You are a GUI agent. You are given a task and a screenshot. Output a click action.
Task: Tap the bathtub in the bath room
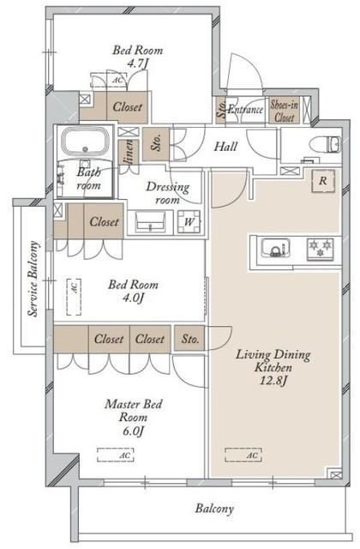click(85, 142)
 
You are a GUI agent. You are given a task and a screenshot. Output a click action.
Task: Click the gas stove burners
click(320, 249)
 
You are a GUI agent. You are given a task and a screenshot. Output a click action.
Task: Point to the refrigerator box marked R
click(323, 181)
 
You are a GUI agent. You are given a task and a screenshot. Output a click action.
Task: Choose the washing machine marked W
click(189, 221)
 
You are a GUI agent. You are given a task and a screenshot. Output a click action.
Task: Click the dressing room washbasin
click(150, 221)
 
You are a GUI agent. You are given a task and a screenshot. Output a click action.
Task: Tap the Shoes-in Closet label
click(284, 111)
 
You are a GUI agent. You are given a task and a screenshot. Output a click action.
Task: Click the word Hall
click(225, 147)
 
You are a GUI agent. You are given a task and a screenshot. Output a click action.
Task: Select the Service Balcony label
click(33, 278)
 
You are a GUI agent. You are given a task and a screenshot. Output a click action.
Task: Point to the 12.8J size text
click(273, 380)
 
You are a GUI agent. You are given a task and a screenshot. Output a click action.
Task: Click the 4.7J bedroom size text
click(137, 63)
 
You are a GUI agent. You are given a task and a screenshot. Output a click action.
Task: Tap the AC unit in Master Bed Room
click(116, 455)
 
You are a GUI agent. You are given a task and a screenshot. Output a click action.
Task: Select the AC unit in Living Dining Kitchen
click(243, 455)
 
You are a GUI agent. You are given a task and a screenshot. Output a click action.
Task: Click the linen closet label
click(129, 152)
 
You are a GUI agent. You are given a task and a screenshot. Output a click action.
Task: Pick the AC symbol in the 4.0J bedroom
click(74, 297)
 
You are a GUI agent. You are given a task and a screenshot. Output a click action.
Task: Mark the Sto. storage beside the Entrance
click(221, 109)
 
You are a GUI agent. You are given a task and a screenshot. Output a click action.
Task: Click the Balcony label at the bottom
click(214, 509)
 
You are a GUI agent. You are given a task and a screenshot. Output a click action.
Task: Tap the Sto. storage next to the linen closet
click(156, 144)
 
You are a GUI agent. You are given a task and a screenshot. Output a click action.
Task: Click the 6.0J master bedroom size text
click(133, 431)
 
